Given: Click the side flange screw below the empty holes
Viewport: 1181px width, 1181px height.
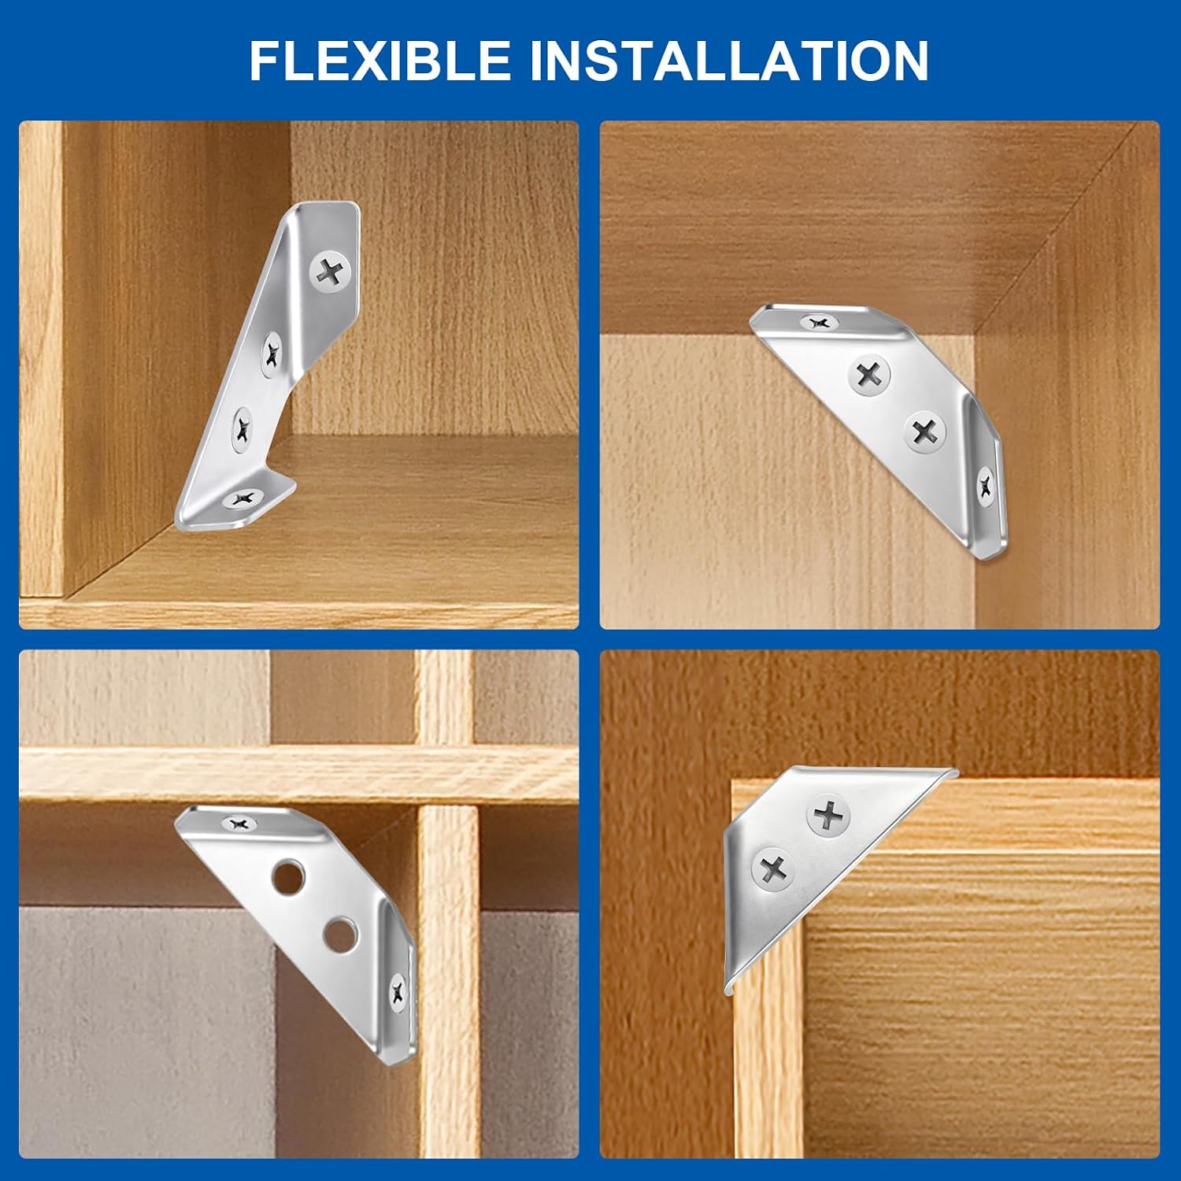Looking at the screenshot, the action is pyautogui.click(x=398, y=994).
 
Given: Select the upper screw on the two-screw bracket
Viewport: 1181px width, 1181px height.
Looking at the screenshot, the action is pyautogui.click(x=829, y=815).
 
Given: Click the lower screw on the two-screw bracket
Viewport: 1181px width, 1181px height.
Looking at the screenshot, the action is pyautogui.click(x=774, y=868).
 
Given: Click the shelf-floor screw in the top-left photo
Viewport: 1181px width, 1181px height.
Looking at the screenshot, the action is pyautogui.click(x=242, y=498).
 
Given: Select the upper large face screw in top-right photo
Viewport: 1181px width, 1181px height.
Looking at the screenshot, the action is pyautogui.click(x=869, y=375).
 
